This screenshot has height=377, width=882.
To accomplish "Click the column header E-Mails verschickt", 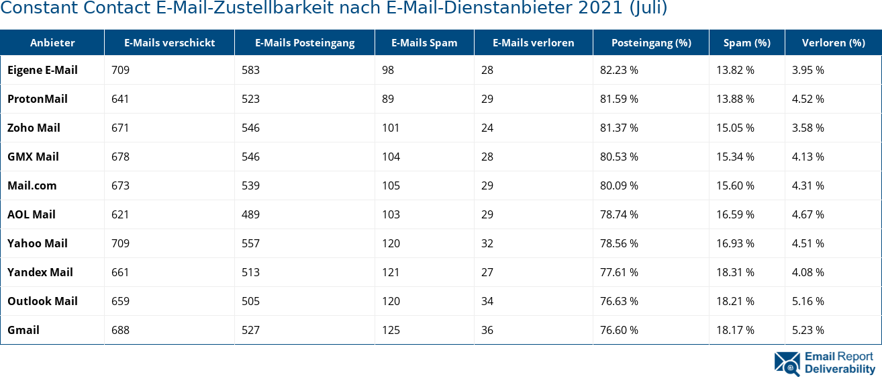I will (x=169, y=42).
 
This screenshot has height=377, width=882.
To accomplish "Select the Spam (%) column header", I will (x=746, y=42).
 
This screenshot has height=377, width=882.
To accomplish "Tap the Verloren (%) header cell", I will (x=833, y=42).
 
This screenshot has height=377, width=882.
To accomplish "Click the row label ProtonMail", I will (x=38, y=99).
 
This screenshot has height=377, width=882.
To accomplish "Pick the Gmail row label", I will (x=23, y=330).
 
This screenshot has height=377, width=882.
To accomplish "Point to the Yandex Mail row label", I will (x=40, y=272).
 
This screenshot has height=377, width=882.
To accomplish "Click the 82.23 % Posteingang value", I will (x=619, y=70).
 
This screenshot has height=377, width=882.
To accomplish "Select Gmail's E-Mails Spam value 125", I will (x=391, y=330).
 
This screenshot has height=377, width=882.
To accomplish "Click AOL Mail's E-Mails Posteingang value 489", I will (x=250, y=214).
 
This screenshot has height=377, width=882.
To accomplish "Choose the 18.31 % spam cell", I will (x=735, y=272).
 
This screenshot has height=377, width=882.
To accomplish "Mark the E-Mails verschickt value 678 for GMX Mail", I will (x=120, y=157).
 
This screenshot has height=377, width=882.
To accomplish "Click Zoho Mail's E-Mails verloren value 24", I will (x=487, y=128).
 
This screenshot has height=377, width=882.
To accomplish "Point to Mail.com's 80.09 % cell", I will (x=619, y=185).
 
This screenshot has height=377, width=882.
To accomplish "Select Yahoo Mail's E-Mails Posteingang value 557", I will (x=250, y=243).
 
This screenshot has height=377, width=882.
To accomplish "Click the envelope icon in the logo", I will (x=787, y=363).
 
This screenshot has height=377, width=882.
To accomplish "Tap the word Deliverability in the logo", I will (x=840, y=369).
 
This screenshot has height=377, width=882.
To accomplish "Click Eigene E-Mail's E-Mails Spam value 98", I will (x=388, y=70).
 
